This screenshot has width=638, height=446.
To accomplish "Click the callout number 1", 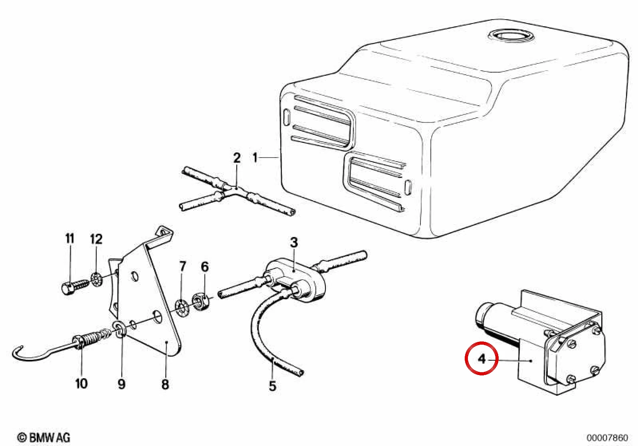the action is coord(255,158).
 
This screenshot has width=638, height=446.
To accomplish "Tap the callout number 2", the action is coord(237,158).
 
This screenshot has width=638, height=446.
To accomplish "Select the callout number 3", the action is coord(294,243).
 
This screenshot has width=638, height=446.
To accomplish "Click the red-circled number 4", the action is coord(481,359).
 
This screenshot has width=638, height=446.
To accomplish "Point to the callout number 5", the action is coord(273,386).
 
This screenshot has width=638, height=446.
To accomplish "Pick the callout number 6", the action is coord(205,267).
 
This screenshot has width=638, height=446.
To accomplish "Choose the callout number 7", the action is coord(182,266).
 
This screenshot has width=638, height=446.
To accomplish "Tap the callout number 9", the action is coord(122,384).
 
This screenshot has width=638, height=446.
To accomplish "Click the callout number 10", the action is coord(81,384).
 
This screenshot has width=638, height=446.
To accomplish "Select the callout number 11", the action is coord(70,239).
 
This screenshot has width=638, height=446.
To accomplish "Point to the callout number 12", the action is coord(96,239).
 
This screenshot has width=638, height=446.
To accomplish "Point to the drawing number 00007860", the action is coord(607,437).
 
